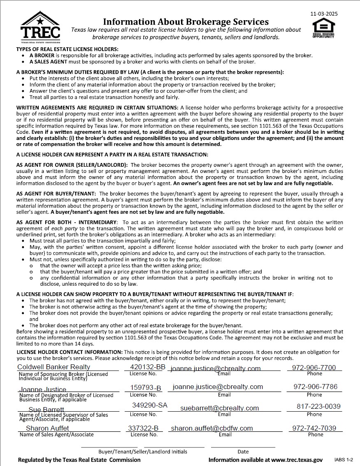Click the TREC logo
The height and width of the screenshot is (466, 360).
point(40,28)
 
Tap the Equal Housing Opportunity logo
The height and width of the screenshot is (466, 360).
point(323,28)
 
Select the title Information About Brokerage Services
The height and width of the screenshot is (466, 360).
point(186,21)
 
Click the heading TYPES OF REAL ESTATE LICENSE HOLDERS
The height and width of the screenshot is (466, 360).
point(67,49)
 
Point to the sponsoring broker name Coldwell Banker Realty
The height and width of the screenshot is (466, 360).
point(53,367)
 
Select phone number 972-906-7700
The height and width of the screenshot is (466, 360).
point(314,368)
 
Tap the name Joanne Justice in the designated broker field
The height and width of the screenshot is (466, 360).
point(42,389)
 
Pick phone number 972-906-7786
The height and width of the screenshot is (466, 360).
point(315,387)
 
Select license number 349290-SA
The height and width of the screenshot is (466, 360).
point(150,405)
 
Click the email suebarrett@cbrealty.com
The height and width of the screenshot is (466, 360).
point(220,408)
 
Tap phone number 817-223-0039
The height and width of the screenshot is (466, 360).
point(319,406)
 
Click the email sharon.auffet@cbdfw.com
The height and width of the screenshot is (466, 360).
point(212,428)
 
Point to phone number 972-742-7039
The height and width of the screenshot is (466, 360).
point(314,428)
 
